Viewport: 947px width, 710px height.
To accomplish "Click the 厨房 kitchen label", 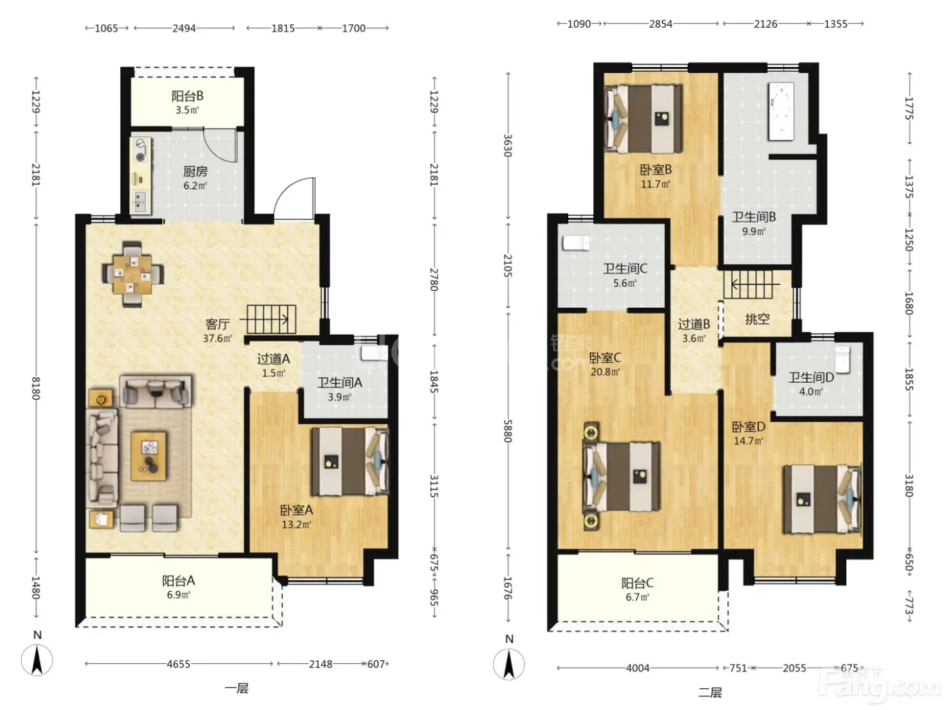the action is coord(195,172).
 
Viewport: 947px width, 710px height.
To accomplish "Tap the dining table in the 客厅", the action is coord(133,274).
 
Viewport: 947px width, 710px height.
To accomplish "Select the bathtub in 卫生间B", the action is coord(781,112).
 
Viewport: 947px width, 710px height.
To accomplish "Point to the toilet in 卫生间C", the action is coord(576,242).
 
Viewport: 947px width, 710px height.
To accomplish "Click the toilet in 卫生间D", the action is coord(843,360).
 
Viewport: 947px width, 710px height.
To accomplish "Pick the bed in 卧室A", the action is coord(350,461).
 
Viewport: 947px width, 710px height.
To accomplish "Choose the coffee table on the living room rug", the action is coord(149,456).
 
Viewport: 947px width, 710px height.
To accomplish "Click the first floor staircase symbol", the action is coord(271,319).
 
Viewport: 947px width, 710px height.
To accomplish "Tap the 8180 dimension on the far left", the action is coord(36,388).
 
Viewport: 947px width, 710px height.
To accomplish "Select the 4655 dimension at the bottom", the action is coord(179,664).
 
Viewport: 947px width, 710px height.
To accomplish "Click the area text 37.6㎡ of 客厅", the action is coord(217,338).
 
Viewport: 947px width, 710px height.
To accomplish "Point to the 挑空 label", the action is coord(757,319).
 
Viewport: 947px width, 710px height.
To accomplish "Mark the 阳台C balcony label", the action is coord(637,584).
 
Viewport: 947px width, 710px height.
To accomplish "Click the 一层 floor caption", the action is coord(237,688).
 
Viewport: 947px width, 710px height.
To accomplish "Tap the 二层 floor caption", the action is coord(710,692).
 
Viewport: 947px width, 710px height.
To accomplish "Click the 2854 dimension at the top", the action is coord(660,24).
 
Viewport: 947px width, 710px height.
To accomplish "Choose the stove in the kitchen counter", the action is coord(141,150).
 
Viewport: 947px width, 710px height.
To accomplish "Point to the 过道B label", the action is coord(694,324).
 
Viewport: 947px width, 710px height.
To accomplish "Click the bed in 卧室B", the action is coord(643,118).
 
